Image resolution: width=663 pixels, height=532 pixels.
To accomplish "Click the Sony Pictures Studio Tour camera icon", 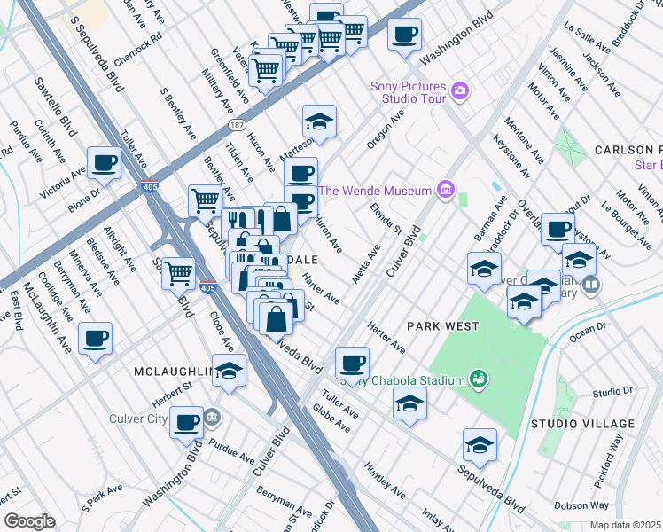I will point(459,90).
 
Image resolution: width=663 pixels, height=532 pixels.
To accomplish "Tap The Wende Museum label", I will point(375,191).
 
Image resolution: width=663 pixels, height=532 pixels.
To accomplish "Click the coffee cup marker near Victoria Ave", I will point(104,163).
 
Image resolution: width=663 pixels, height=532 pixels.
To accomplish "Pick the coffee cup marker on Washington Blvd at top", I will point(405,35).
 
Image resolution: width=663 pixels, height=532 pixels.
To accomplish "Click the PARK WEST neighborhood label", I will point(442,326).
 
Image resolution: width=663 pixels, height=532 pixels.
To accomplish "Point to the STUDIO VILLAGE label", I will point(583,424).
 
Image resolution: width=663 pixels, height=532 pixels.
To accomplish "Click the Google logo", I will point(28,520).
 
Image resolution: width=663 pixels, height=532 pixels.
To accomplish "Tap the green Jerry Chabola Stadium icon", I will point(479,379).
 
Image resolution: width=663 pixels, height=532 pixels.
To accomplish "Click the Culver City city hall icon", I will point(212,415).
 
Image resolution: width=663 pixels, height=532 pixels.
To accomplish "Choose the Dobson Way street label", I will point(581,505).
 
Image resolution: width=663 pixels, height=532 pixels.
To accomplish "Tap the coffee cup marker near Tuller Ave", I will point(353,362).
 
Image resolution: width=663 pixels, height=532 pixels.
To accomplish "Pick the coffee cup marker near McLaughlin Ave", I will point(96,337).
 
